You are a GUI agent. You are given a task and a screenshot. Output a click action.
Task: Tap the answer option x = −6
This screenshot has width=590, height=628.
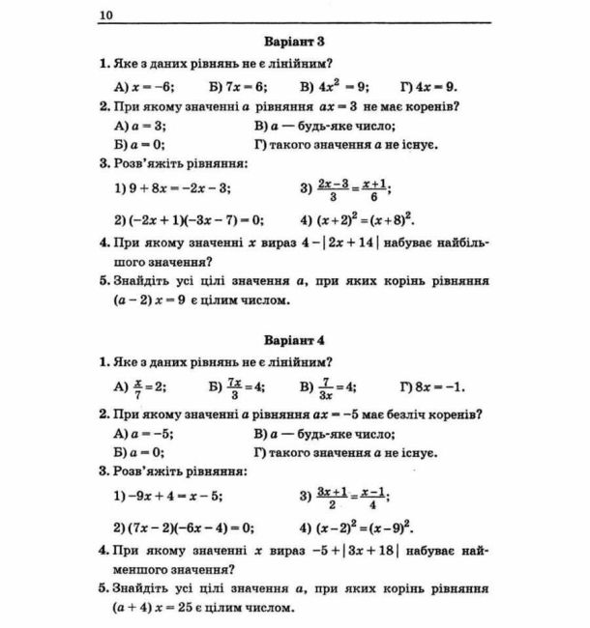click(x=144, y=85)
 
